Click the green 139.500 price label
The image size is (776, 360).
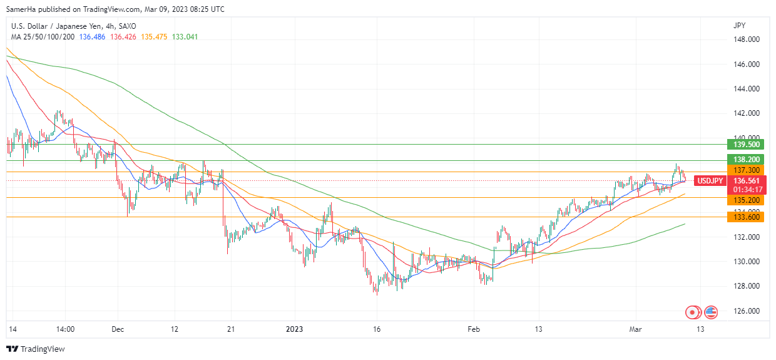pos(747,144)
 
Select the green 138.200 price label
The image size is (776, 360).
pos(747,160)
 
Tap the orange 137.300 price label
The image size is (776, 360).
pos(747,170)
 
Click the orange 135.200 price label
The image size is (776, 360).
pos(747,200)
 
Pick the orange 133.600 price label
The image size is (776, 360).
pos(747,217)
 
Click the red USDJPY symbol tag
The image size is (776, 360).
pos(710,181)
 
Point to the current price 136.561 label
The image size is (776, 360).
pos(747,181)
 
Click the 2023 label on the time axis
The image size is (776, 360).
pos(294,329)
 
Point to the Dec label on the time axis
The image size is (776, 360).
pos(118,329)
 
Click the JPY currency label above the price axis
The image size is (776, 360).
pos(739,26)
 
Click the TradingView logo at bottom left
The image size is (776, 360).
pos(36,349)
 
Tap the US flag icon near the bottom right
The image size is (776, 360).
pos(710,311)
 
